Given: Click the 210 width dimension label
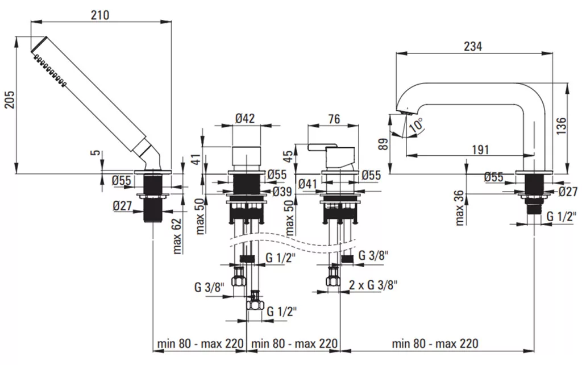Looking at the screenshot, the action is (100, 15).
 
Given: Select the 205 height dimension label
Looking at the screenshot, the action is (9, 99).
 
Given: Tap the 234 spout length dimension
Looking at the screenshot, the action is (472, 47).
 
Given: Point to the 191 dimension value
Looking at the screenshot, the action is (480, 150).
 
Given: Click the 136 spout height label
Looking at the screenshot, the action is (561, 126).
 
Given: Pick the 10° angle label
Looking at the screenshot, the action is (416, 125).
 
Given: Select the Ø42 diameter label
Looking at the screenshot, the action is (245, 118).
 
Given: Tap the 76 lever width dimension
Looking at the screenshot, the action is (334, 119).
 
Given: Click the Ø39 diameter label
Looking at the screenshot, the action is (282, 192).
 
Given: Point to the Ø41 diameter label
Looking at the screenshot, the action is (307, 184).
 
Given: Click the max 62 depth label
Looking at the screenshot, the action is (177, 236).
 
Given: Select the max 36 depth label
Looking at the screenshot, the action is (459, 208).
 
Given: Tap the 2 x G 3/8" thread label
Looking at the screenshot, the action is (373, 285).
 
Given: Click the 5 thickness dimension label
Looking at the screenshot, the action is (95, 152).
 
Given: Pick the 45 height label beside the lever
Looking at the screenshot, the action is (288, 156).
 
